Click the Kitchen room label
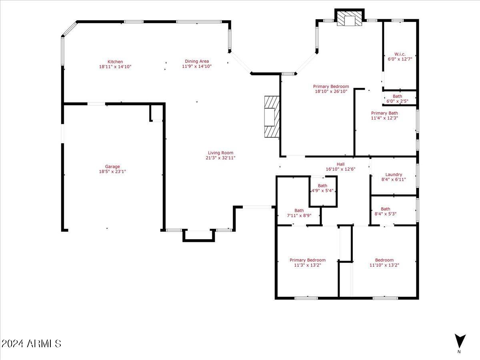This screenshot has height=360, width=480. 115,62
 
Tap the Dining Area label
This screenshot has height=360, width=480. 196,61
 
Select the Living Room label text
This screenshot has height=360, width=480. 220,153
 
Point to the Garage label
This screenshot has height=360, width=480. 112,167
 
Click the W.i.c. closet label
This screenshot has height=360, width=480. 400,54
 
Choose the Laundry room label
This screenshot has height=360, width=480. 394,174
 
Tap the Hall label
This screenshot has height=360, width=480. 340,164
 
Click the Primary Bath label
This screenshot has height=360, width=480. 384,113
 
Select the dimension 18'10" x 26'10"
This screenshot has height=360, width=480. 331,91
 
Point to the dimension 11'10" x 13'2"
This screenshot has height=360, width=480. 384,265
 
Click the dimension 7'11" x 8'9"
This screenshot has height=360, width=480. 299,215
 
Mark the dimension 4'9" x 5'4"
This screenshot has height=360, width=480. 322,190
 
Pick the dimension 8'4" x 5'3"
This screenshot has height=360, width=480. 385,214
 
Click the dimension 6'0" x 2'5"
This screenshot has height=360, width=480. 397,101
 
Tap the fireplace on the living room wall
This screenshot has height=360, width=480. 272,117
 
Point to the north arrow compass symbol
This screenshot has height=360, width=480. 460,341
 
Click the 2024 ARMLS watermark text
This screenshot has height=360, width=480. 31,344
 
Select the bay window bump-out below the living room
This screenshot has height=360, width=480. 198,236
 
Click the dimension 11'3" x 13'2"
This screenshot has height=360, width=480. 307,265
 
